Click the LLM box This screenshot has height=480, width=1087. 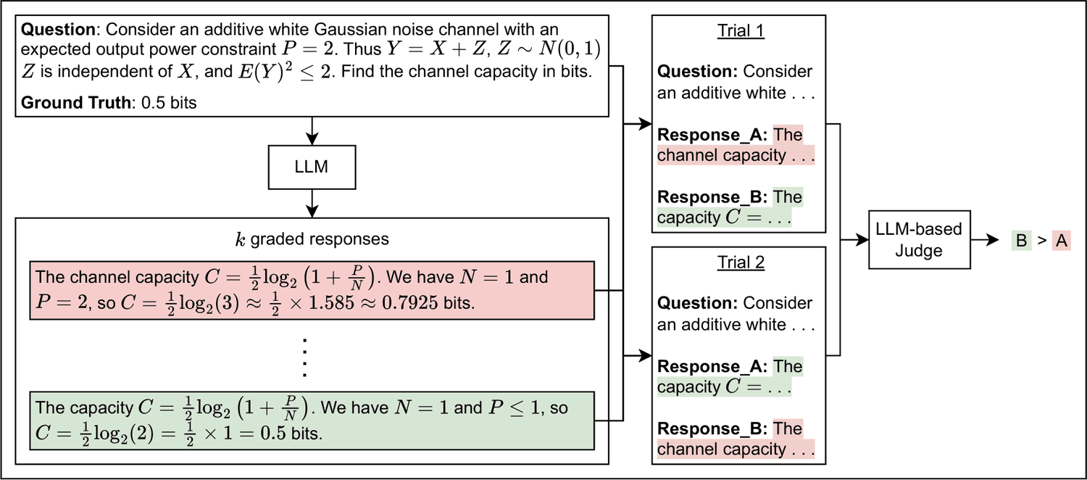pyautogui.click(x=312, y=167)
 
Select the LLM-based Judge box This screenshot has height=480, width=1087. pyautogui.click(x=919, y=240)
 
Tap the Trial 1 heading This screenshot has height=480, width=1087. pyautogui.click(x=741, y=30)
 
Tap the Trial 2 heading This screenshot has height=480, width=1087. pyautogui.click(x=741, y=262)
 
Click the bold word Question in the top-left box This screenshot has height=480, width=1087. pyautogui.click(x=58, y=30)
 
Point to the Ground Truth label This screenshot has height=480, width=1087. pyautogui.click(x=75, y=102)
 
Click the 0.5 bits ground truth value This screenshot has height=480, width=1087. pyautogui.click(x=169, y=102)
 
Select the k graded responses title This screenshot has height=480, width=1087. pyautogui.click(x=312, y=239)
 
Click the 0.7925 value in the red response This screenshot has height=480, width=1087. pyautogui.click(x=410, y=303)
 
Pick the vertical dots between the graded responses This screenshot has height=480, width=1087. pyautogui.click(x=305, y=357)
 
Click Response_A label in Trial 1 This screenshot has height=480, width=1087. pyautogui.click(x=712, y=134)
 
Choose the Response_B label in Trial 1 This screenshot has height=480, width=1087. pyautogui.click(x=712, y=196)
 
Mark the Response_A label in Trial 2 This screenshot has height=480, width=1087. pyautogui.click(x=712, y=366)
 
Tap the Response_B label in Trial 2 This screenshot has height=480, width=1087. pyautogui.click(x=712, y=429)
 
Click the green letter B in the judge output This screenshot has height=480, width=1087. pyautogui.click(x=1022, y=240)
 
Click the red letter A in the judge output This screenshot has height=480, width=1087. pyautogui.click(x=1062, y=240)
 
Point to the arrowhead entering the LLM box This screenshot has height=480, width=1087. pyautogui.click(x=312, y=138)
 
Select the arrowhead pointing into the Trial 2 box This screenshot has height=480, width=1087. pyautogui.click(x=645, y=356)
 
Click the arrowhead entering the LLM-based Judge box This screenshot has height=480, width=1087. pyautogui.click(x=862, y=240)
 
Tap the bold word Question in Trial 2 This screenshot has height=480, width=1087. pyautogui.click(x=697, y=303)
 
